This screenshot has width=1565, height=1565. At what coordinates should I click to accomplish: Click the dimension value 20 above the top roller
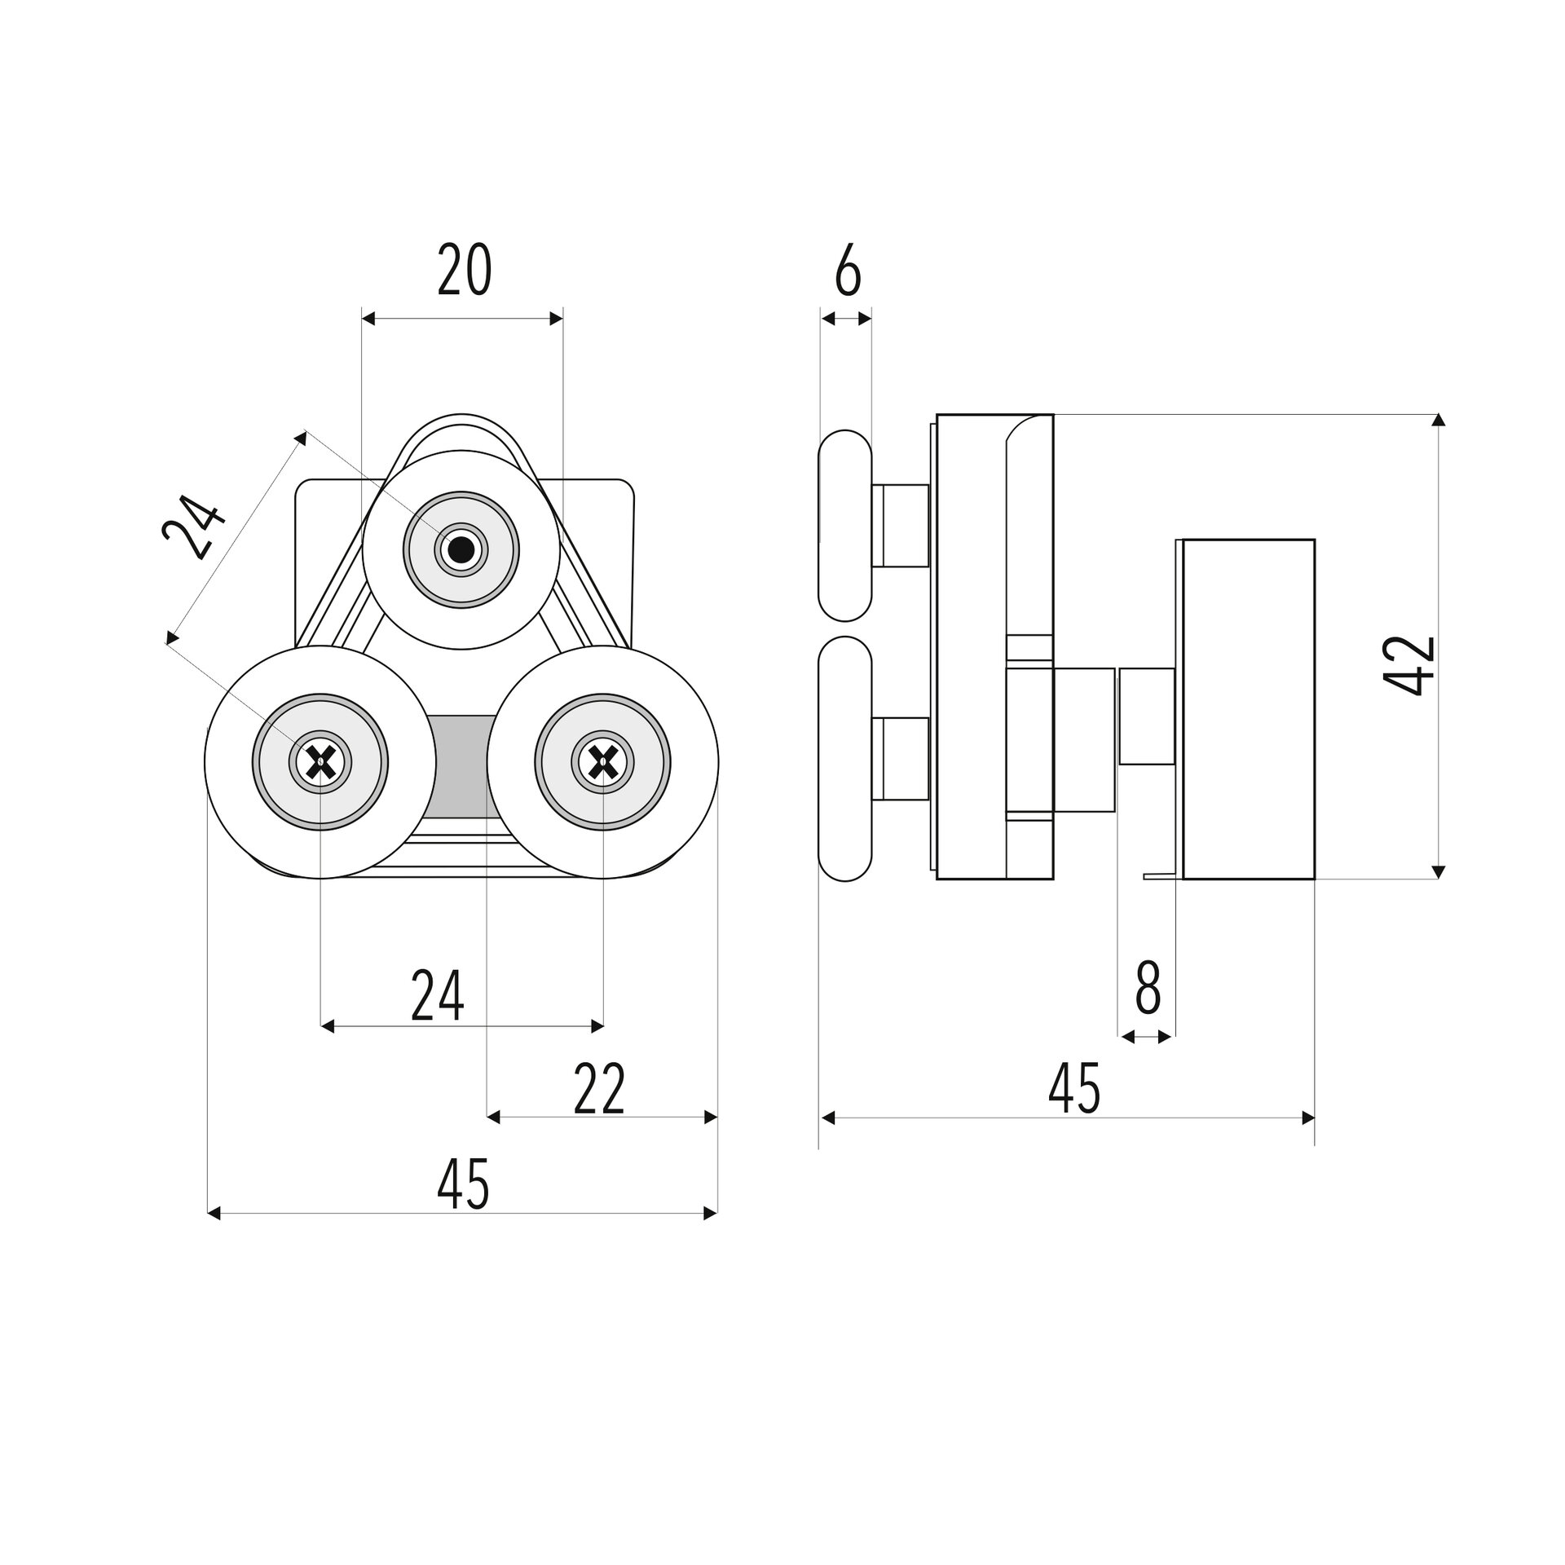tap(465, 270)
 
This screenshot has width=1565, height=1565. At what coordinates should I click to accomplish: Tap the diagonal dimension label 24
tap(192, 528)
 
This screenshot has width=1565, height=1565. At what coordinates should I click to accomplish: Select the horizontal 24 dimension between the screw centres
tap(438, 995)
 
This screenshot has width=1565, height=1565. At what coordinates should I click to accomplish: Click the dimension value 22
tap(600, 1088)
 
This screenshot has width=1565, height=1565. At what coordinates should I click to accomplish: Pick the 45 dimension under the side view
tap(1075, 1088)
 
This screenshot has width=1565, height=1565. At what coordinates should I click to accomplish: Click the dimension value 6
tap(848, 270)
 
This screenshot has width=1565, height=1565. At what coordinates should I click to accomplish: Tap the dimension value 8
tap(1148, 987)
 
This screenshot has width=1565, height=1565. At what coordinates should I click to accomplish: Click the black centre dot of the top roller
tap(461, 550)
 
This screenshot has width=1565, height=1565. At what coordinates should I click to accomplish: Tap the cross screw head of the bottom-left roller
tap(320, 762)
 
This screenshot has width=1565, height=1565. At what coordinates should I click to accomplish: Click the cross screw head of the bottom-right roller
tap(602, 762)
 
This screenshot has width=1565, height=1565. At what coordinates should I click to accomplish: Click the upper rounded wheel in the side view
tap(845, 525)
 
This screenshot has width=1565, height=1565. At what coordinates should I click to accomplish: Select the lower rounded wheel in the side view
tap(845, 759)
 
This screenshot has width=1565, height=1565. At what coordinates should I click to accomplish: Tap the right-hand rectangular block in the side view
tap(1248, 709)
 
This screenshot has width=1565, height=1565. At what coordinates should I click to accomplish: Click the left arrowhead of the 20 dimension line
tap(368, 318)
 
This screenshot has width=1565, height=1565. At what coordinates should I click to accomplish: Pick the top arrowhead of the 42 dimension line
tap(1439, 421)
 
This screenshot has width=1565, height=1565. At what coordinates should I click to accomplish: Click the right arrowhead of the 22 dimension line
tap(711, 1118)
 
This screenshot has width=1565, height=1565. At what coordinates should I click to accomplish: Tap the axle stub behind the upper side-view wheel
tap(901, 525)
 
